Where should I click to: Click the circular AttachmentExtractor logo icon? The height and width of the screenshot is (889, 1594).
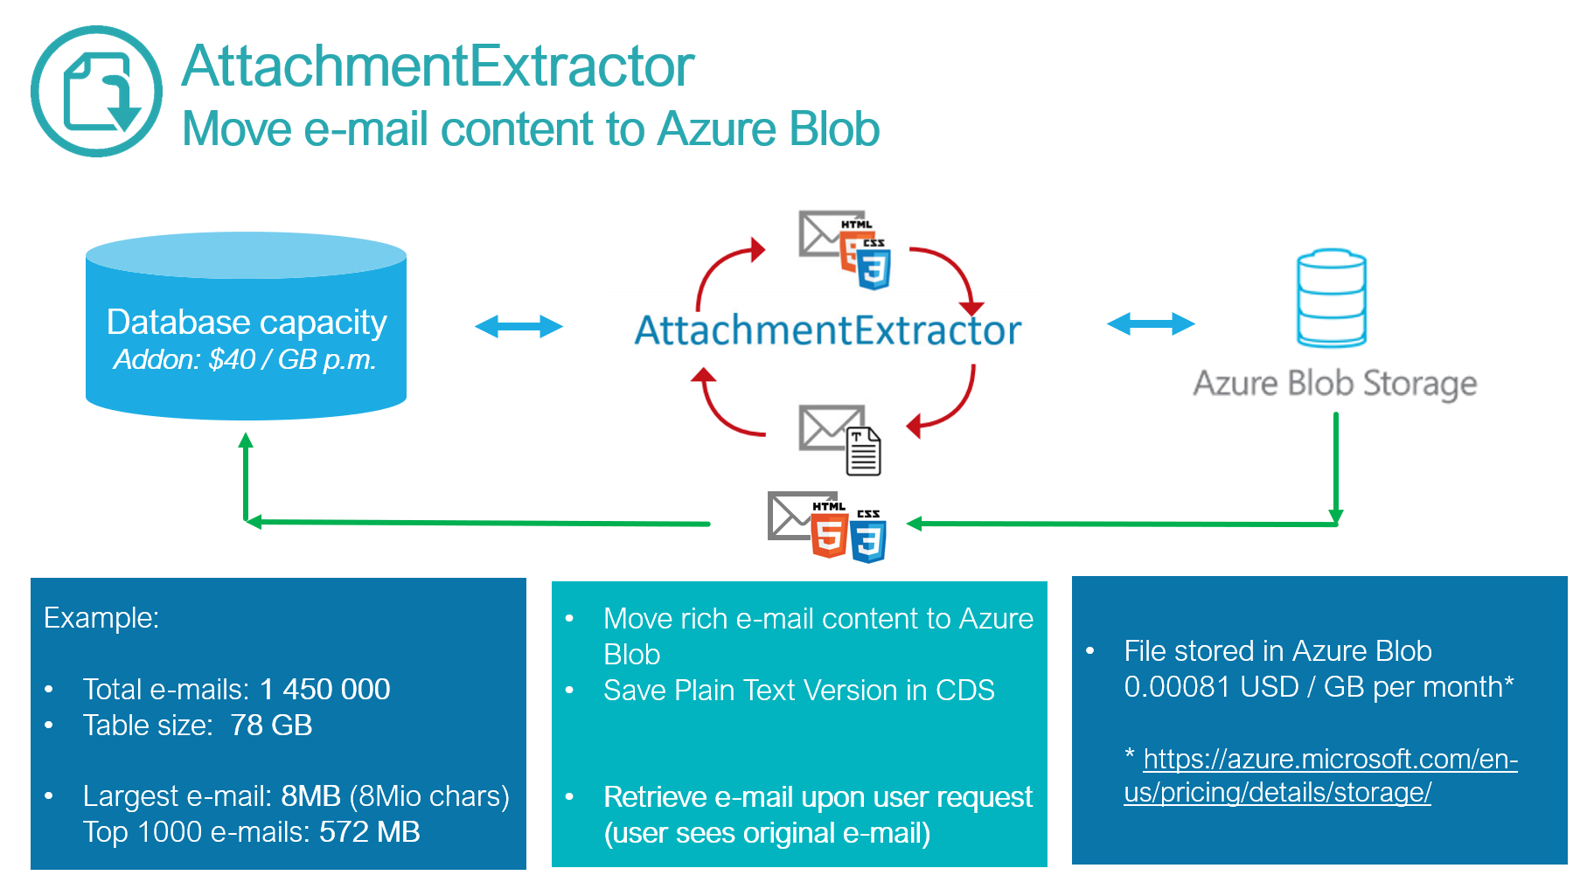pyautogui.click(x=96, y=92)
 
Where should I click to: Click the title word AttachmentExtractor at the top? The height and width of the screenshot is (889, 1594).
pyautogui.click(x=437, y=66)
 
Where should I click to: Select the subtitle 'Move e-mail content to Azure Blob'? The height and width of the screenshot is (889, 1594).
pyautogui.click(x=530, y=129)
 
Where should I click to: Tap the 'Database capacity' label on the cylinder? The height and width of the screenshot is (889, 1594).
pyautogui.click(x=247, y=323)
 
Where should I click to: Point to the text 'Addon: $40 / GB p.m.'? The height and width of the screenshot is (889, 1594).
pyautogui.click(x=245, y=359)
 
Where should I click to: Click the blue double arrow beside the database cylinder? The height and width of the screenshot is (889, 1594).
pyautogui.click(x=519, y=327)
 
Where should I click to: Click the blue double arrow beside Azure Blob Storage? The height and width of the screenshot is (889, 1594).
pyautogui.click(x=1151, y=324)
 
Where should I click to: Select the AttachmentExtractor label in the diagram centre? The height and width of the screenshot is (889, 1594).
pyautogui.click(x=827, y=330)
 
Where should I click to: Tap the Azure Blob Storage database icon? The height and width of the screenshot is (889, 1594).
pyautogui.click(x=1331, y=298)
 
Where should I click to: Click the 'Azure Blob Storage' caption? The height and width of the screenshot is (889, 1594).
pyautogui.click(x=1334, y=384)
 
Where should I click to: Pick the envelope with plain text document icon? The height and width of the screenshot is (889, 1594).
pyautogui.click(x=840, y=439)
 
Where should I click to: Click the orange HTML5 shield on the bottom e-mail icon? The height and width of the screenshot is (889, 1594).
pyautogui.click(x=829, y=534)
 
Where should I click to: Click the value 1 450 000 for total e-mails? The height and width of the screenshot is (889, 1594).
pyautogui.click(x=325, y=690)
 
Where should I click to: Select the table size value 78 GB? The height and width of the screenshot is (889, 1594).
pyautogui.click(x=271, y=726)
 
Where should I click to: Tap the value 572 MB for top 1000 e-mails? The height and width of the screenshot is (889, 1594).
pyautogui.click(x=369, y=832)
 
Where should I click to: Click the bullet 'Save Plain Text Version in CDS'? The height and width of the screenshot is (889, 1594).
pyautogui.click(x=798, y=691)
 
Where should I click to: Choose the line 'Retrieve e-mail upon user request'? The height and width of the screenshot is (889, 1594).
pyautogui.click(x=818, y=797)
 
